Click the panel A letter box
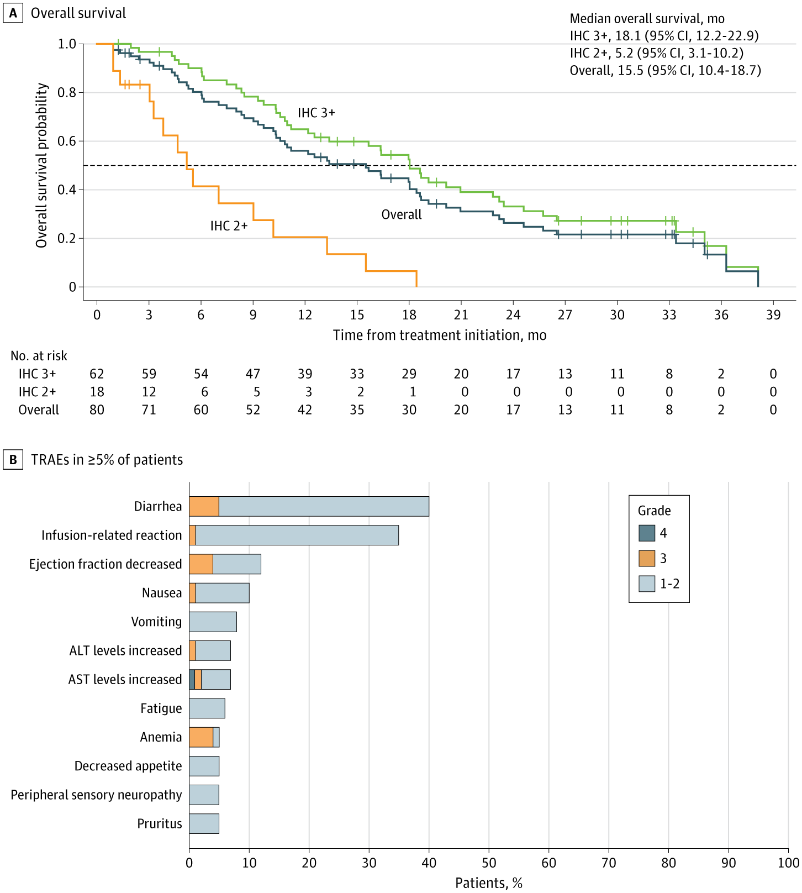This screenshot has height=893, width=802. pyautogui.click(x=13, y=13)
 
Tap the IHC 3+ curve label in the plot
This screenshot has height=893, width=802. pyautogui.click(x=316, y=113)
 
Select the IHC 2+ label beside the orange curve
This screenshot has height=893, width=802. pyautogui.click(x=229, y=225)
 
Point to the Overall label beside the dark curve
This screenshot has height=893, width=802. pyautogui.click(x=402, y=214)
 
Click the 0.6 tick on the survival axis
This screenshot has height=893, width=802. pyautogui.click(x=67, y=141)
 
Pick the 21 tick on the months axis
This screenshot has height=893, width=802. pyautogui.click(x=461, y=315)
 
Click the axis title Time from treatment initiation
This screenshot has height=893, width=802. pyautogui.click(x=440, y=335)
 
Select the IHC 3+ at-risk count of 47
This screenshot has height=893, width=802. pyautogui.click(x=253, y=374)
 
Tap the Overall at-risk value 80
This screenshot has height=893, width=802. pyautogui.click(x=97, y=410)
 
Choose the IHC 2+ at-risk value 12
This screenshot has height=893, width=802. pyautogui.click(x=149, y=392)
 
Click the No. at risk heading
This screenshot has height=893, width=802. pyautogui.click(x=39, y=356)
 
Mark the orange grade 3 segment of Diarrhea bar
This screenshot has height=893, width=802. pyautogui.click(x=204, y=506)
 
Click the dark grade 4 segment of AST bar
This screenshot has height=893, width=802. pyautogui.click(x=192, y=679)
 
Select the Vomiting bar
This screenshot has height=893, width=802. pyautogui.click(x=213, y=622)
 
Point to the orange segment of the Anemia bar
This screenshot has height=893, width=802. pyautogui.click(x=201, y=737)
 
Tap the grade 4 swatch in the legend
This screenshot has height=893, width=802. pyautogui.click(x=647, y=533)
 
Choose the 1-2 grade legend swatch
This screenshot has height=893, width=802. pyautogui.click(x=647, y=584)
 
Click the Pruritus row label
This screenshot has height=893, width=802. pyautogui.click(x=160, y=823)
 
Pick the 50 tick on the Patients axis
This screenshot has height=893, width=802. pyautogui.click(x=489, y=863)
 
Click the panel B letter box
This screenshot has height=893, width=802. pyautogui.click(x=13, y=460)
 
